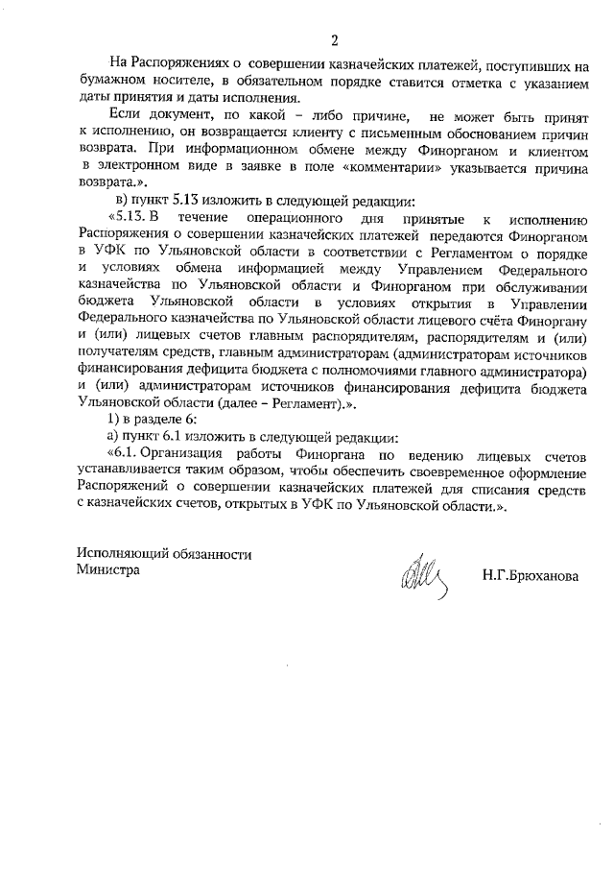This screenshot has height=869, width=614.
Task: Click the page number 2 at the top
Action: tap(333, 40)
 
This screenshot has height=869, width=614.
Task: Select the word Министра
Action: tap(107, 569)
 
